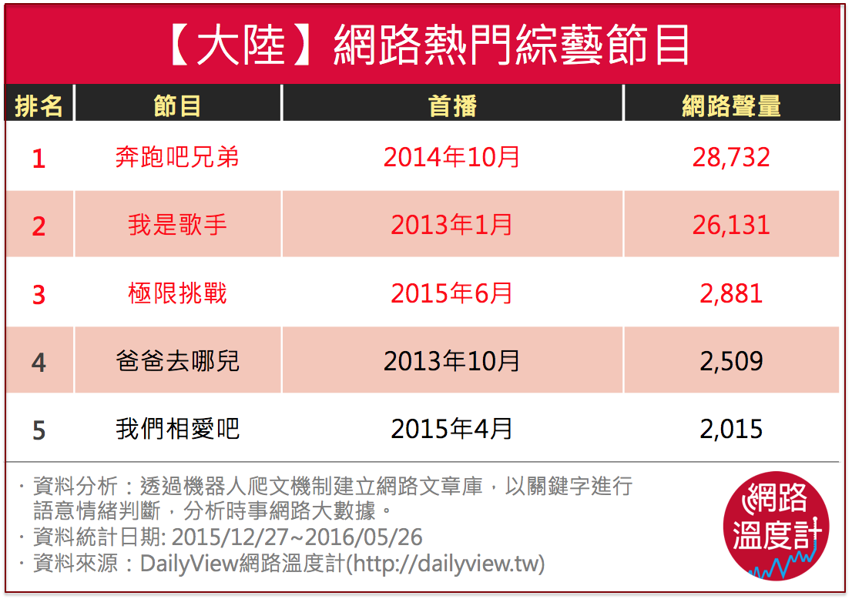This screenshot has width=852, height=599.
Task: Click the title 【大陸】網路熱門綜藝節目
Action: (x=427, y=46)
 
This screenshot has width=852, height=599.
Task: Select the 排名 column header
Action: (x=39, y=105)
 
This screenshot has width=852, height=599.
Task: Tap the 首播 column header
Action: (x=452, y=105)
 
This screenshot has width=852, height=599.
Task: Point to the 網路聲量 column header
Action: (x=731, y=105)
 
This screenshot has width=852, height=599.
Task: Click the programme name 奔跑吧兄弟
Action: (x=177, y=157)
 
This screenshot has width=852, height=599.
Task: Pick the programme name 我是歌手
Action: (x=177, y=225)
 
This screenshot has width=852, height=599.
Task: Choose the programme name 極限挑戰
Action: (x=177, y=293)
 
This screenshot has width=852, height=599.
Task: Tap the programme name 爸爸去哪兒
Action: (x=177, y=361)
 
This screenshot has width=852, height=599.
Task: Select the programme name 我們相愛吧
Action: (x=177, y=429)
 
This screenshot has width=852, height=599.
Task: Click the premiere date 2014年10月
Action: (x=452, y=157)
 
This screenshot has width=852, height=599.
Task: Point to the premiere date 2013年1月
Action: (x=452, y=225)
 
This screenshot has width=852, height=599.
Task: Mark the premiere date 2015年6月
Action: (x=452, y=293)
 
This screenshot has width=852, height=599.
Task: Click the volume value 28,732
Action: (x=731, y=157)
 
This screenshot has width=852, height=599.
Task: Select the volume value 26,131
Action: (x=731, y=225)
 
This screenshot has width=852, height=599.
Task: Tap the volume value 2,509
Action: (x=731, y=361)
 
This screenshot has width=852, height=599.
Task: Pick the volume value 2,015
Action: (x=731, y=429)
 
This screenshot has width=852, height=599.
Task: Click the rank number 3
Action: (x=39, y=294)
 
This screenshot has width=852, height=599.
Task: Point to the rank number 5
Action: (x=39, y=430)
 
